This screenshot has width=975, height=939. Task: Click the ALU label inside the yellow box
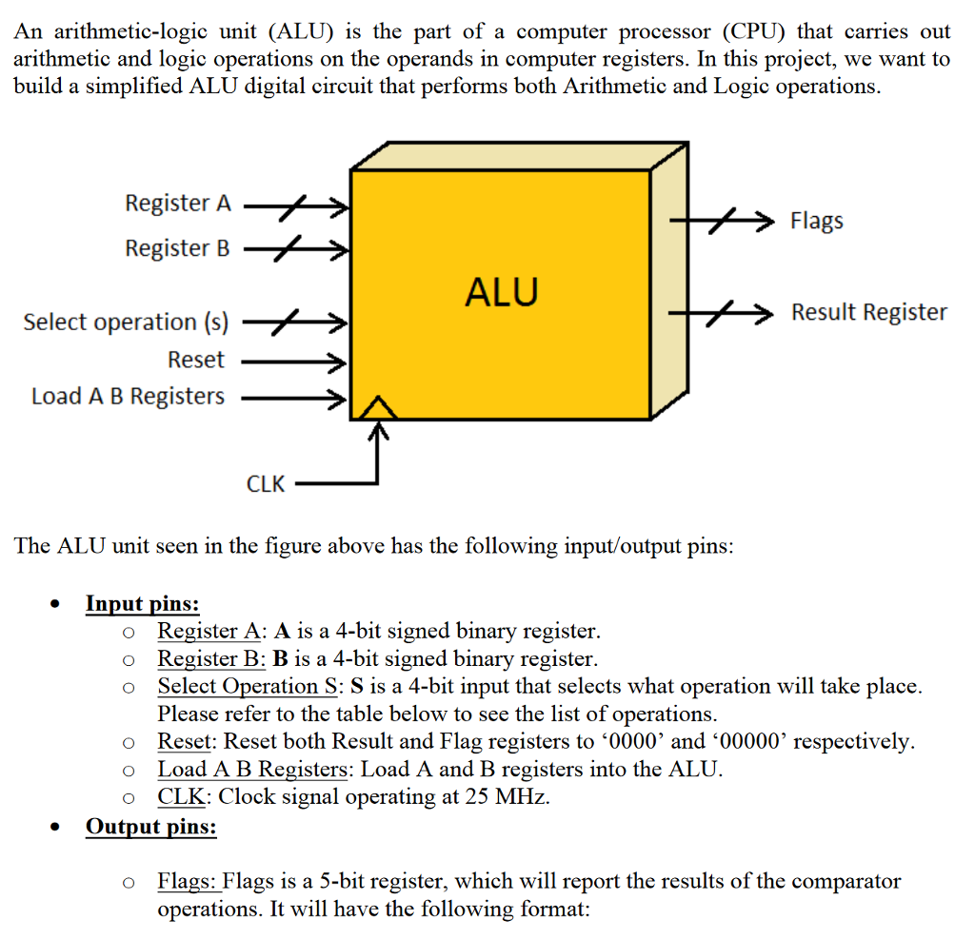(501, 291)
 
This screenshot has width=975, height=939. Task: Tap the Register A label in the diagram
(178, 204)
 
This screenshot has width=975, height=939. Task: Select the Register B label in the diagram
(178, 248)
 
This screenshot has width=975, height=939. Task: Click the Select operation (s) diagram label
(126, 322)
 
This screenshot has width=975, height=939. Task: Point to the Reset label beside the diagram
(196, 360)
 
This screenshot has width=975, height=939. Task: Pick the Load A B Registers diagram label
(129, 396)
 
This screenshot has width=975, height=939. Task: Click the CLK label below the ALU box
(266, 483)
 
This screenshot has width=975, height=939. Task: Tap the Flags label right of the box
(816, 221)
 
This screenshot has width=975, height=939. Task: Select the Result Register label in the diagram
(868, 312)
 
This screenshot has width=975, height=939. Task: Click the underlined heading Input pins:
(143, 603)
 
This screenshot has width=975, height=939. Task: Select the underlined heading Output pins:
(150, 826)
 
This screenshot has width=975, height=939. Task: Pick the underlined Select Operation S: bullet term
(251, 686)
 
